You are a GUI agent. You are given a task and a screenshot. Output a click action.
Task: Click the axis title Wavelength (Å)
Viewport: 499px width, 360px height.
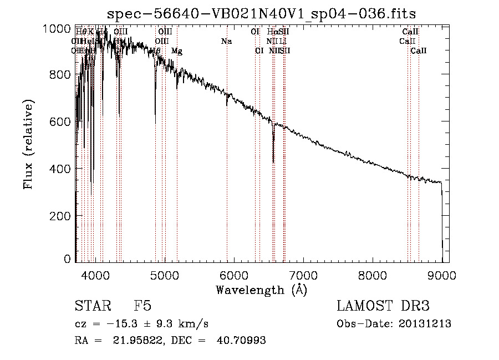261,290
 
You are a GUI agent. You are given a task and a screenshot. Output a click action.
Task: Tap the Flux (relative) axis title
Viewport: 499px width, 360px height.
29,144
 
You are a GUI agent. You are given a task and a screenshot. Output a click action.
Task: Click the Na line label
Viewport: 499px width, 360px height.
226,42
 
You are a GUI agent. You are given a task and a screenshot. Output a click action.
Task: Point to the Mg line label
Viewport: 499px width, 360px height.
177,51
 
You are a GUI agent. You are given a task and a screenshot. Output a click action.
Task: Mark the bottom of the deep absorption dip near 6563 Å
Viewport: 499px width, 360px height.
273,161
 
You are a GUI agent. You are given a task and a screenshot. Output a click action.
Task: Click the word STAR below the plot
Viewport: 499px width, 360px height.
91,306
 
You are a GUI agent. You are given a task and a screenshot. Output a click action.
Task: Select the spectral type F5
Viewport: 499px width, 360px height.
142,306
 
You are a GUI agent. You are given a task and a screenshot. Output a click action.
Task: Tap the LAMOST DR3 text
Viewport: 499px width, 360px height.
383,306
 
